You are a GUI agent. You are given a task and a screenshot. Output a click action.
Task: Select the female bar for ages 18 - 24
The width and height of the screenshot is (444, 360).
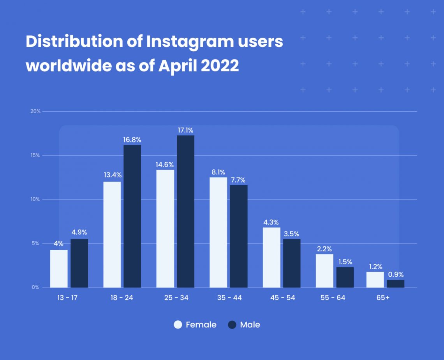pyautogui.click(x=112, y=235)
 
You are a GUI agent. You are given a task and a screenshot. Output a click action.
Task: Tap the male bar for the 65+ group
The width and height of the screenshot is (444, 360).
pyautogui.click(x=395, y=284)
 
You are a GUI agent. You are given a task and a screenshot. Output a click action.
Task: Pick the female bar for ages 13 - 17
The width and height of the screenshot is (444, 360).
pyautogui.click(x=59, y=269)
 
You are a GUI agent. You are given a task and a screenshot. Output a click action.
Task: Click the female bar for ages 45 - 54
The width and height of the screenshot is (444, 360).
pyautogui.click(x=271, y=257)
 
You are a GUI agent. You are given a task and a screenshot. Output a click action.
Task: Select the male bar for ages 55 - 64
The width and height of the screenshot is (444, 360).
pyautogui.click(x=345, y=277)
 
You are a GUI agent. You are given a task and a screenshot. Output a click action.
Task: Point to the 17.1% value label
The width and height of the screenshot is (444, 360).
pyautogui.click(x=185, y=130)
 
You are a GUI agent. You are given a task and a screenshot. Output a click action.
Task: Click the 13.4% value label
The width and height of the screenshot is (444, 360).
pyautogui.click(x=112, y=175)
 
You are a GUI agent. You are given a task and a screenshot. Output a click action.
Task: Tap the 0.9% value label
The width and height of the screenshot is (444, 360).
pyautogui.click(x=396, y=275)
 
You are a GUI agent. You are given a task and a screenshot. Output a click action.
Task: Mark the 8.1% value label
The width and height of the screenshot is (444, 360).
pyautogui.click(x=218, y=172)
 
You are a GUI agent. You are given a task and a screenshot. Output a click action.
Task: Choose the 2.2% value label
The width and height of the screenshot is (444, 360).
pyautogui.click(x=324, y=249)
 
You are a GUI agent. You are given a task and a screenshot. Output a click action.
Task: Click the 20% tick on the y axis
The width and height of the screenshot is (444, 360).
pyautogui.click(x=35, y=111)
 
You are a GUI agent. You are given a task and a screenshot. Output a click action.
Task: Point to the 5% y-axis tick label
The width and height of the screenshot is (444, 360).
pyautogui.click(x=35, y=244)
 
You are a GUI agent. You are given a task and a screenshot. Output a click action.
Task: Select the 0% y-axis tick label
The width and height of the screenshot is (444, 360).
pyautogui.click(x=35, y=288)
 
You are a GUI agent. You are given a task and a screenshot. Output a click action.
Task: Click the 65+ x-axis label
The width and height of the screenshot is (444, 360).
pyautogui.click(x=385, y=298)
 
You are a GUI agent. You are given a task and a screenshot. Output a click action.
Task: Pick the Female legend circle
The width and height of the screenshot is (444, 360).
pyautogui.click(x=178, y=325)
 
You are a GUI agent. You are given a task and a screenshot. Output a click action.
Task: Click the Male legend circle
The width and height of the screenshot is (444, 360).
pyautogui.click(x=232, y=325)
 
